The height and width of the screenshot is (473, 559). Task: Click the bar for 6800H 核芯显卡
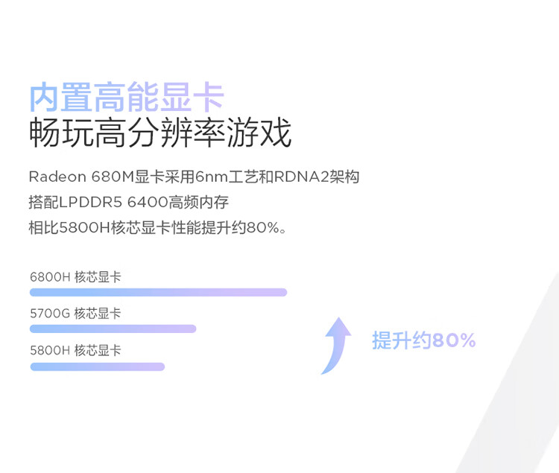click(x=158, y=293)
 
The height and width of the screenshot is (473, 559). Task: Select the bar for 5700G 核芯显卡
click(x=113, y=328)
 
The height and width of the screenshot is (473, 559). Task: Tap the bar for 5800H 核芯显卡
click(x=98, y=366)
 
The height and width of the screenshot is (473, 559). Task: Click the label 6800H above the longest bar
click(x=50, y=277)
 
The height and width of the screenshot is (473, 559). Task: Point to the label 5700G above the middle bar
click(x=50, y=314)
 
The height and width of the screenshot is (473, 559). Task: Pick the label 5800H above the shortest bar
click(x=50, y=351)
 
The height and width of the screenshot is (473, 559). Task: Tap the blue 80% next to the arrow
click(x=454, y=340)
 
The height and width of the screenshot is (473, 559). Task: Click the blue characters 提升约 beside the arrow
click(x=402, y=340)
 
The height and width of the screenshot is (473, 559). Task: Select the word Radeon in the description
click(x=57, y=177)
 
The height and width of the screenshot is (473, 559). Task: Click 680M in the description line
click(x=113, y=177)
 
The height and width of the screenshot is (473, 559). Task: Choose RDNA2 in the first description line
click(x=301, y=177)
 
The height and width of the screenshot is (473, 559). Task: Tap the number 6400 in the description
click(x=148, y=203)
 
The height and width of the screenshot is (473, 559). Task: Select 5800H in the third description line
click(x=84, y=228)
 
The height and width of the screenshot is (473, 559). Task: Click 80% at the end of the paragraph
click(x=263, y=228)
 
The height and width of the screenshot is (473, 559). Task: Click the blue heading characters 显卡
click(x=192, y=97)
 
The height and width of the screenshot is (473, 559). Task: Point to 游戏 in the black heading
click(x=259, y=133)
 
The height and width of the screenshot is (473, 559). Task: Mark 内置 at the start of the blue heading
click(x=60, y=97)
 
